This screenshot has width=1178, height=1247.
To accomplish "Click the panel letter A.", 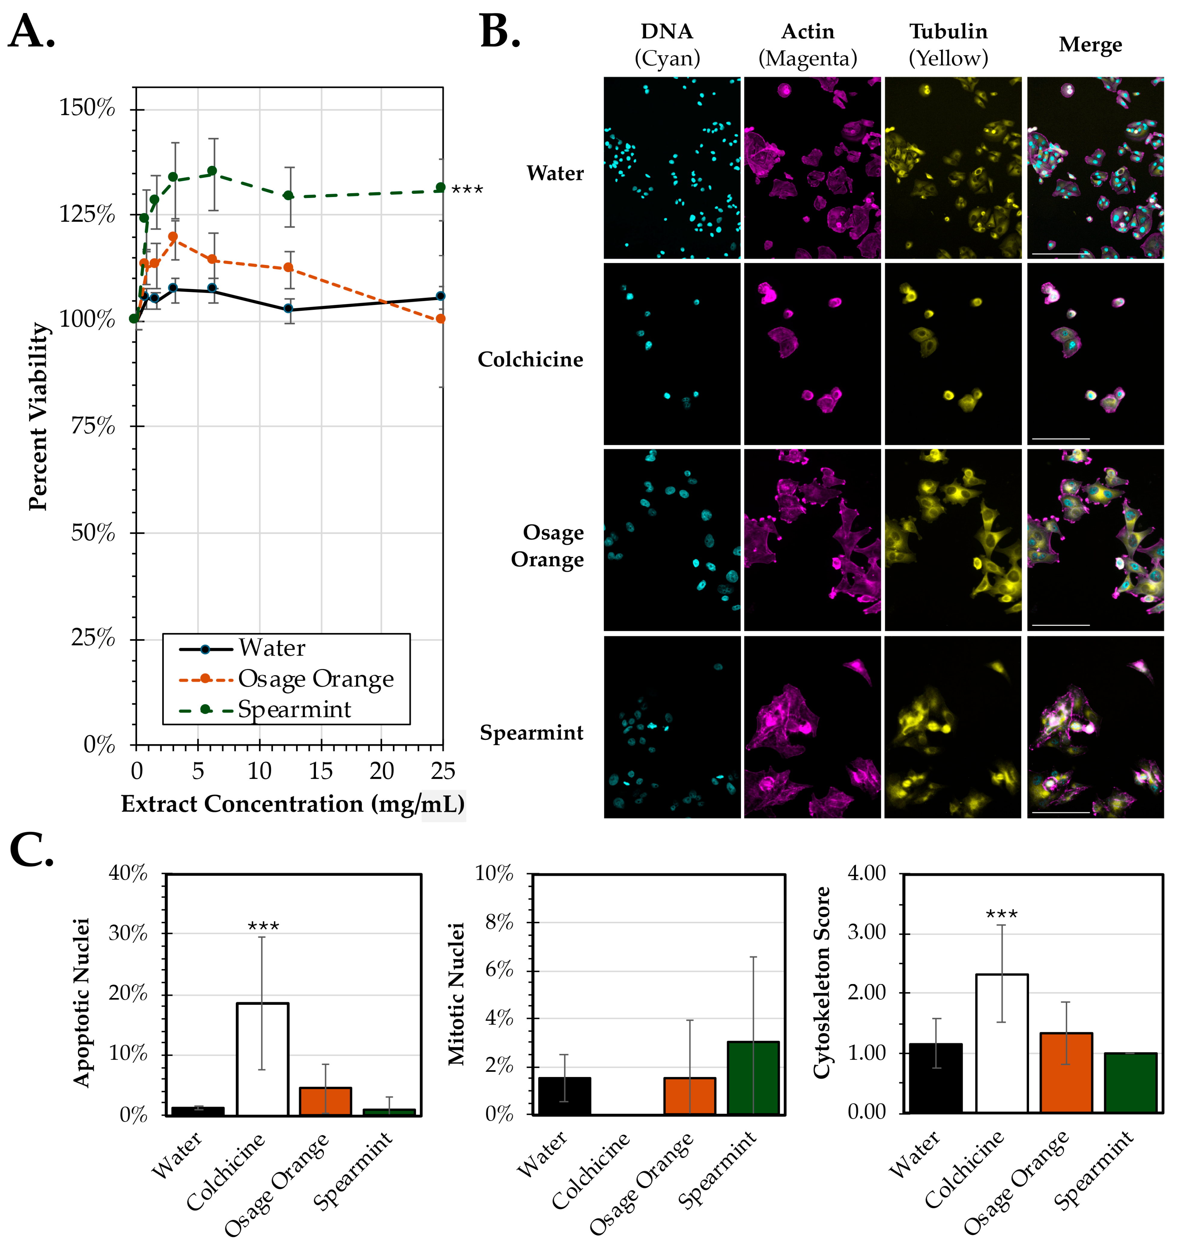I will tap(32, 32).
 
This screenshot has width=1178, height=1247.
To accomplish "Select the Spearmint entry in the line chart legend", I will tap(294, 710).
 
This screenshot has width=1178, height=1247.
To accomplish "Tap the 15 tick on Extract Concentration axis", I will tap(321, 771).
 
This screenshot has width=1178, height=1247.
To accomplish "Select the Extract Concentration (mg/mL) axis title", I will tap(293, 804).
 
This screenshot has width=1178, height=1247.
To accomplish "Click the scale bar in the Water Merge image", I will tap(1060, 254).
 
